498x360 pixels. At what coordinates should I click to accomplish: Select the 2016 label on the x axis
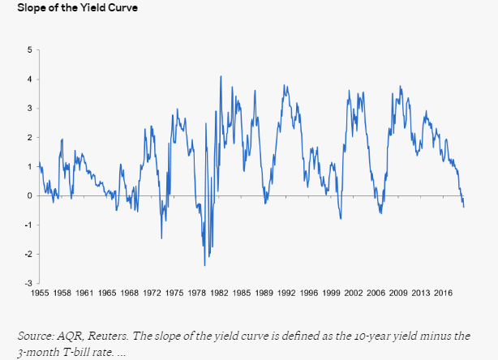tap(443, 293)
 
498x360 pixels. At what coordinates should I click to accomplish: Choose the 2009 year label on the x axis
tap(398, 293)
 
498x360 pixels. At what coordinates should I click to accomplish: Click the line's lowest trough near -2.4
tap(204, 265)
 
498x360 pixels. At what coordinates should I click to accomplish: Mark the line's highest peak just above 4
tap(221, 76)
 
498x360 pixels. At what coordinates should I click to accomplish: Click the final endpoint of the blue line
tap(464, 207)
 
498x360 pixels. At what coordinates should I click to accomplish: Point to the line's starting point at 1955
tap(40, 165)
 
